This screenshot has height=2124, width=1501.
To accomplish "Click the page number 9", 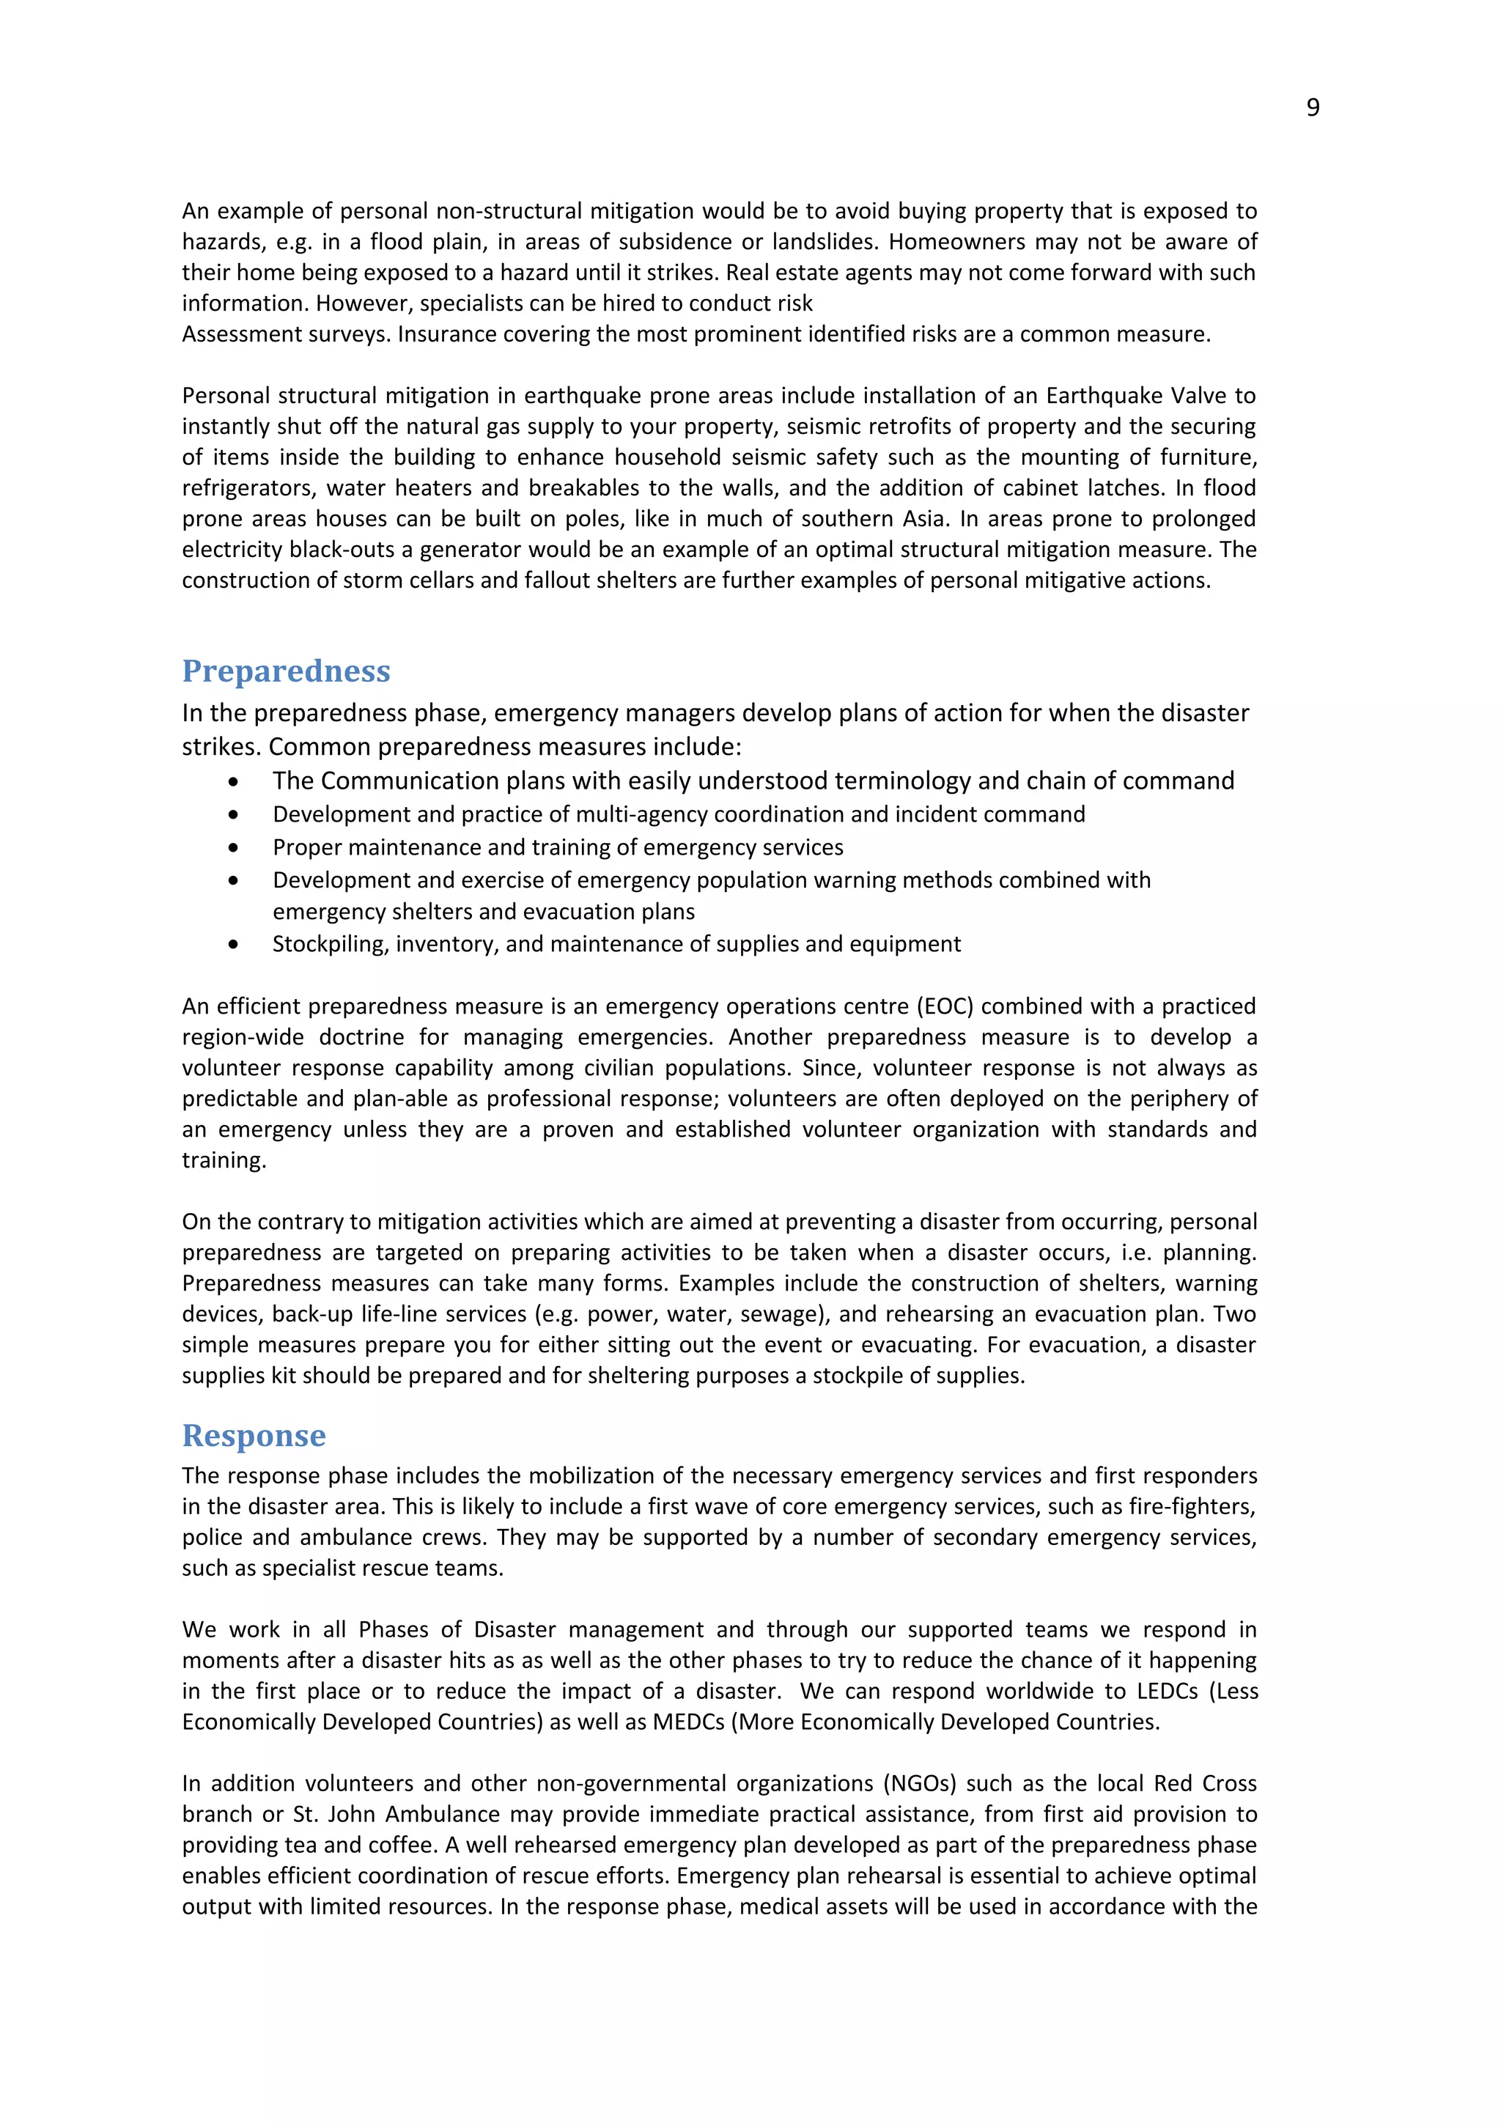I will (x=1313, y=108).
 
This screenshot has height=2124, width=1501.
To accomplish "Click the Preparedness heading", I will (x=286, y=671).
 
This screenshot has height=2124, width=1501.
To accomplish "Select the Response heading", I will (x=254, y=1435).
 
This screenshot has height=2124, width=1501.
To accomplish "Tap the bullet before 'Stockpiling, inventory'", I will (x=233, y=945).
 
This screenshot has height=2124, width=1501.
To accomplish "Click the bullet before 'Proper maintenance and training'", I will (x=233, y=847).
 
